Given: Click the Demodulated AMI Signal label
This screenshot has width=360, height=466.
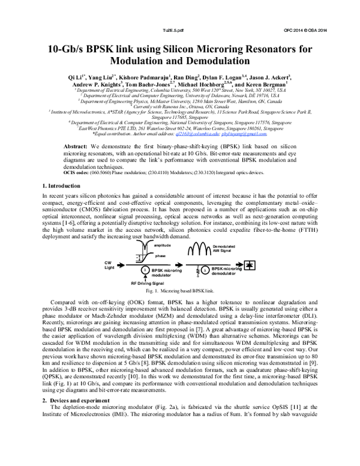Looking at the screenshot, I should point(227,249).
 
